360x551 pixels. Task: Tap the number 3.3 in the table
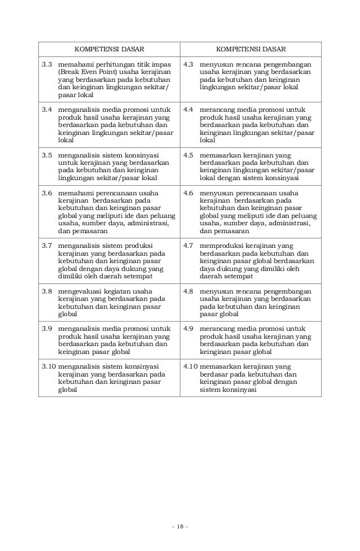47,65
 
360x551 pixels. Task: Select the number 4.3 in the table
189,65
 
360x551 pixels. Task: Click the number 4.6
189,193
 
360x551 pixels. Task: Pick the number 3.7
47,246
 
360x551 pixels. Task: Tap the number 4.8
189,291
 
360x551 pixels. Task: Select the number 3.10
49,366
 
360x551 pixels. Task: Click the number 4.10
191,366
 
